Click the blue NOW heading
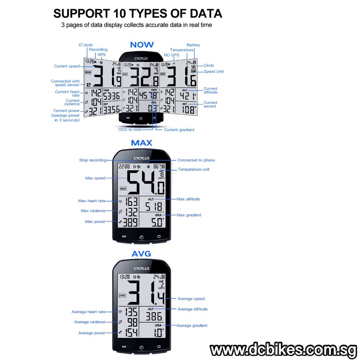coord(142,45)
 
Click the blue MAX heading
coord(141,143)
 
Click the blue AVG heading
coord(141,254)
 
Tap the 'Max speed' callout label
coord(95,178)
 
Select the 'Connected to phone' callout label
coord(196,160)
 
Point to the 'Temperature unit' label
coord(193,170)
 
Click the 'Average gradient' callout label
coord(192,325)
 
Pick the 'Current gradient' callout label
coord(179,130)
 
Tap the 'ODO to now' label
coord(130,130)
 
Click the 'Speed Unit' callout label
coord(213,72)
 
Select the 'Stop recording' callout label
coord(93,160)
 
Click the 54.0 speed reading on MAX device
coord(146,183)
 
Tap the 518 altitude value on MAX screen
coord(154,207)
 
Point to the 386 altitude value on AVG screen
coord(154,317)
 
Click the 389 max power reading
coord(130,222)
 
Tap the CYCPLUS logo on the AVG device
coord(142,268)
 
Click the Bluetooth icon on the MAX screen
coord(148,166)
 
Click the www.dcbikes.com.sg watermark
coord(284,351)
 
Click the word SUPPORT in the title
coord(81,13)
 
